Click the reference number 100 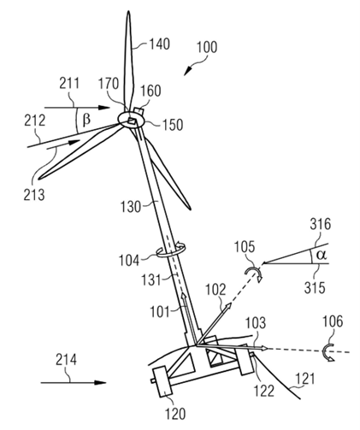click(207, 47)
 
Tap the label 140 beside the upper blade click(160, 44)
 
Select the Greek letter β click(86, 120)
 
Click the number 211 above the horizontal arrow click(69, 84)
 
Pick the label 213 click(34, 195)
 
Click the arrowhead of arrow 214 click(100, 383)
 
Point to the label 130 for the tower click(131, 206)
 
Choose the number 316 click(321, 224)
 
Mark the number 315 click(315, 287)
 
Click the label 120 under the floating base click(175, 414)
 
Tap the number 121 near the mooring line click(305, 379)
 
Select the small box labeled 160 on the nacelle click(139, 110)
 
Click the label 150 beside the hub click(173, 125)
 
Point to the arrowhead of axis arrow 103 click(264, 348)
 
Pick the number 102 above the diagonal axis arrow click(215, 290)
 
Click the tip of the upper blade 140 click(128, 11)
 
